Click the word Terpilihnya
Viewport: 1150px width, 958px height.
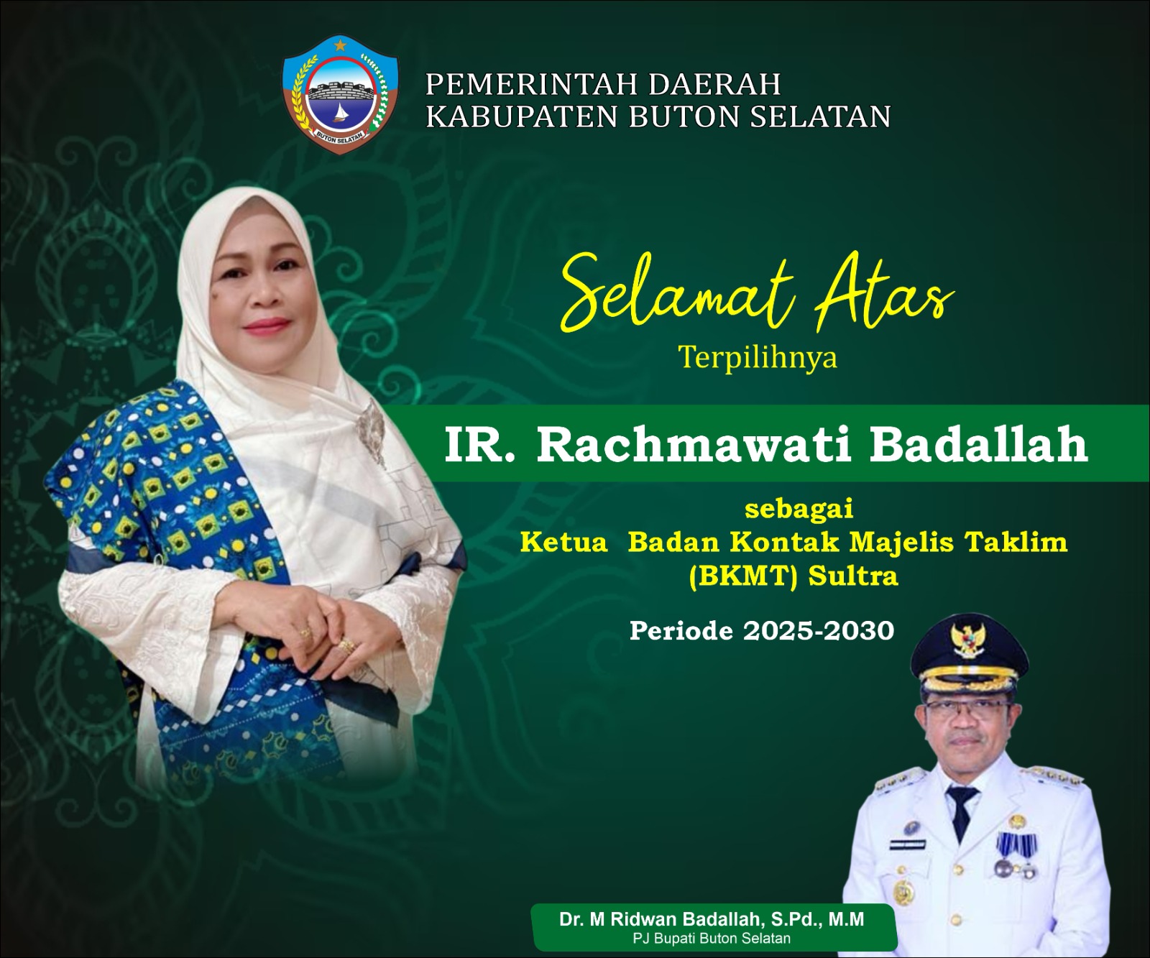(x=758, y=357)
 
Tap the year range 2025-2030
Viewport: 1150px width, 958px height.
(x=819, y=631)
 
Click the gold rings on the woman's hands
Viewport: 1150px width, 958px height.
(x=327, y=639)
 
